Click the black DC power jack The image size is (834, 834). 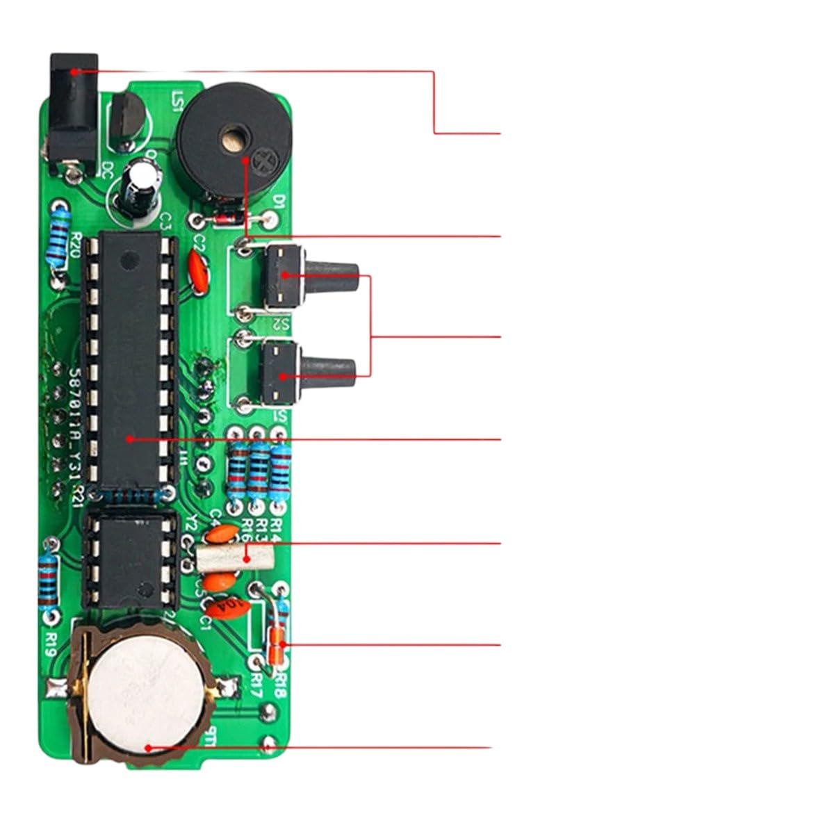(71, 111)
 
